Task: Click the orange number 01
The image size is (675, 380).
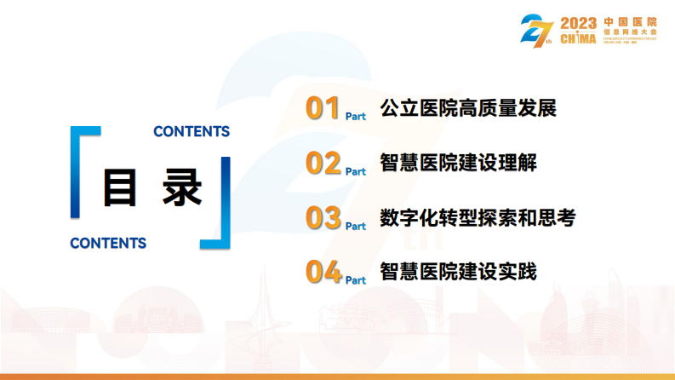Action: pyautogui.click(x=323, y=110)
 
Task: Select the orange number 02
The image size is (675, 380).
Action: pyautogui.click(x=323, y=164)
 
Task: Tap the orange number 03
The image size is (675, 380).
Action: pyautogui.click(x=323, y=218)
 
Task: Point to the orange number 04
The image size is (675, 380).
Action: pyautogui.click(x=323, y=273)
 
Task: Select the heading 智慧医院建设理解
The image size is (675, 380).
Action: pyautogui.click(x=458, y=164)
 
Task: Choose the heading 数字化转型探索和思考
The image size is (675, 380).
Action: pyautogui.click(x=478, y=218)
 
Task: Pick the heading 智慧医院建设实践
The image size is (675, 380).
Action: pyautogui.click(x=458, y=273)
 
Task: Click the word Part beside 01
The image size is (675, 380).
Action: pyautogui.click(x=356, y=117)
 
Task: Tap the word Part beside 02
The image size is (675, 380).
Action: pyautogui.click(x=356, y=171)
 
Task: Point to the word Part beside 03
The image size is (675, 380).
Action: pyautogui.click(x=356, y=226)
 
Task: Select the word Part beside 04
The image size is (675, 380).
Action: pyautogui.click(x=356, y=280)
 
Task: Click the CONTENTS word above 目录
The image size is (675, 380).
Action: pyautogui.click(x=192, y=132)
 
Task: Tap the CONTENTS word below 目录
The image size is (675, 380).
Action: pyautogui.click(x=108, y=244)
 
